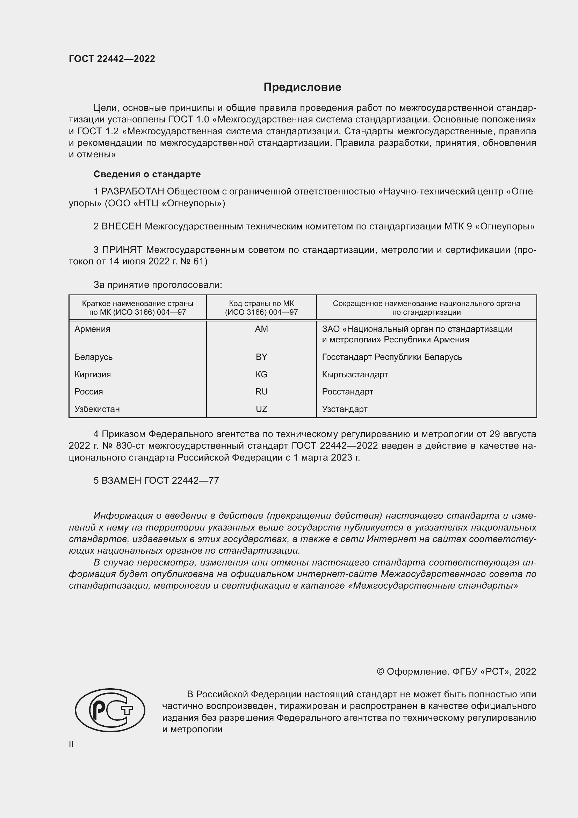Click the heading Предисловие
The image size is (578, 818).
(302, 87)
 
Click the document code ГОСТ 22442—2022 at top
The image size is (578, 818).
(112, 59)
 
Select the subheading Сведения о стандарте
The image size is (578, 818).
(147, 174)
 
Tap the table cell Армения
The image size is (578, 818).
(92, 329)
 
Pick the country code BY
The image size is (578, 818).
(261, 357)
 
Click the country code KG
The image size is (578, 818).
(261, 375)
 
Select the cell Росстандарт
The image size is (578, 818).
(347, 392)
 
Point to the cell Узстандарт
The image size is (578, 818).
(345, 409)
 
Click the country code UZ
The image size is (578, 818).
(261, 409)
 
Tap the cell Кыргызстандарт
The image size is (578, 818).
(355, 375)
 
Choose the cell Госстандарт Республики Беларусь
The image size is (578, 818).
(392, 357)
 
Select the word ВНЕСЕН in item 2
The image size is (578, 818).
(122, 226)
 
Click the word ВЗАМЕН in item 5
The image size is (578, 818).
(121, 481)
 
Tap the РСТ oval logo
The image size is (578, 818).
(110, 710)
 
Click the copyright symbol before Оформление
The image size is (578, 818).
(381, 671)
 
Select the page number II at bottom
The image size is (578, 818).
(71, 744)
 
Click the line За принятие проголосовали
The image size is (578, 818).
(158, 285)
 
